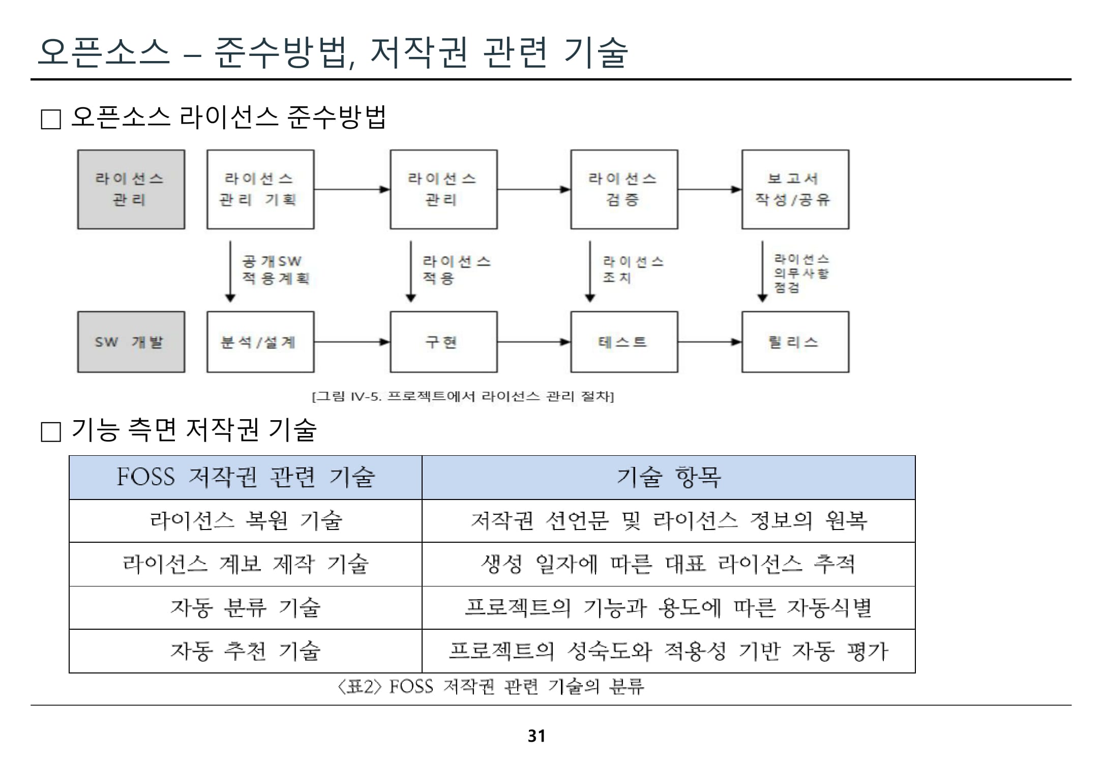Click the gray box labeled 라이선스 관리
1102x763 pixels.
[x=131, y=189]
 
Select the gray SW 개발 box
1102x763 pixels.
[x=131, y=342]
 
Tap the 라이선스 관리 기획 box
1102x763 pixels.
[x=260, y=189]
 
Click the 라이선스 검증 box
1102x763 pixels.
[x=623, y=189]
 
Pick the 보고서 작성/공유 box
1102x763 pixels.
[x=795, y=189]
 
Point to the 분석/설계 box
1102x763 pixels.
[x=260, y=342]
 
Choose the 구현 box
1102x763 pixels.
[x=443, y=342]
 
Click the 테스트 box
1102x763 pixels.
[x=623, y=342]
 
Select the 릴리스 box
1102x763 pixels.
[x=795, y=342]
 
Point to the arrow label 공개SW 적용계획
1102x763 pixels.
[x=275, y=270]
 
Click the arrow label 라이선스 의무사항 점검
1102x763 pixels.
[x=801, y=273]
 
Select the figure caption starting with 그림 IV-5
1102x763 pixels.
[x=463, y=396]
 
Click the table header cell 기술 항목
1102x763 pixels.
[x=668, y=478]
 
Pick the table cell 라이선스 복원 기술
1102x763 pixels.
[x=246, y=521]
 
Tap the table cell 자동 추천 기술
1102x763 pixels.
[x=246, y=651]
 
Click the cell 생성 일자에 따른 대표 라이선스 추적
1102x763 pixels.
[x=668, y=564]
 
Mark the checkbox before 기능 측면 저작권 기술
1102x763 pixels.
[x=51, y=432]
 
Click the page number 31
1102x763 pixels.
[x=537, y=736]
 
